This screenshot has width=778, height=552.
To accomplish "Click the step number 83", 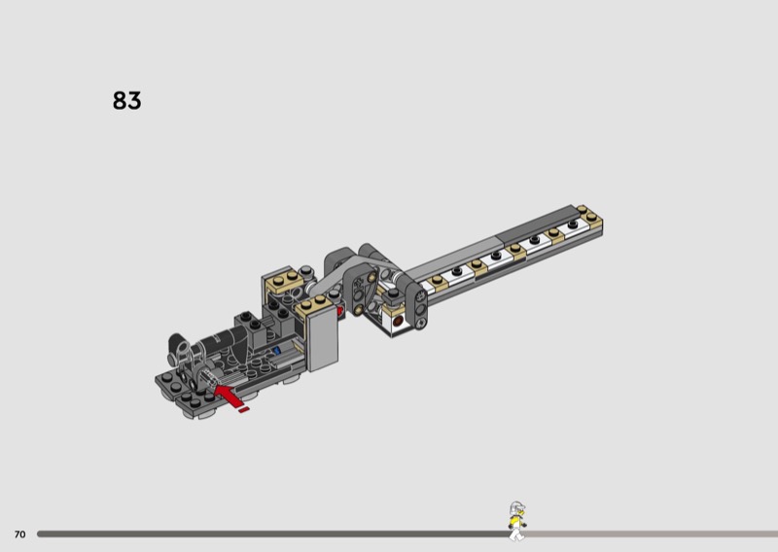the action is pos(127,100).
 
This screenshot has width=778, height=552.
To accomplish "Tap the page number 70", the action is pos(19,535).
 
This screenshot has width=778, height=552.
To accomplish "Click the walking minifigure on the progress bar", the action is pos(517,521).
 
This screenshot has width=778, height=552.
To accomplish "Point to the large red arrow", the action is pos(228,395).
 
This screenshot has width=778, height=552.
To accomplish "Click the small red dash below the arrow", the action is pos(243,410).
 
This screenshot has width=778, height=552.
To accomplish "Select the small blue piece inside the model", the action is pos(277,351).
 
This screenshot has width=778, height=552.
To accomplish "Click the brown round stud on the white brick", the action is pos(398,322).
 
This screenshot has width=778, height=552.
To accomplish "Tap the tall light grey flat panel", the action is pos(323,337).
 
